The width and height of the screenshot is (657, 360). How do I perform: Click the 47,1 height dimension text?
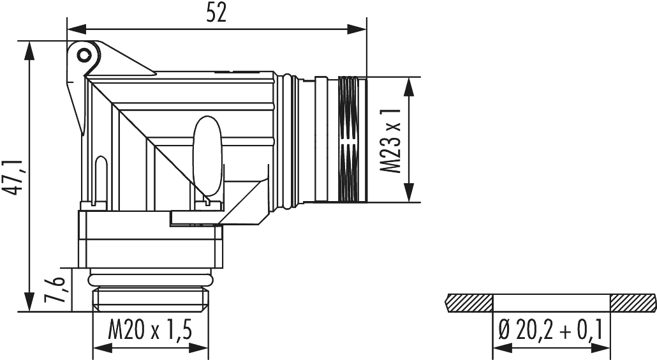coord(13,176)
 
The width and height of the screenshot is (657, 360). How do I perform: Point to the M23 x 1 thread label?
coord(390,140)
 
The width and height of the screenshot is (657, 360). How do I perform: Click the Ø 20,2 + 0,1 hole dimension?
coord(551,330)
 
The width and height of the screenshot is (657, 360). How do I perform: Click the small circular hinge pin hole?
coord(83,55)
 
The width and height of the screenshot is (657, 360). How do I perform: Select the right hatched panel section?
coord(632,300)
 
